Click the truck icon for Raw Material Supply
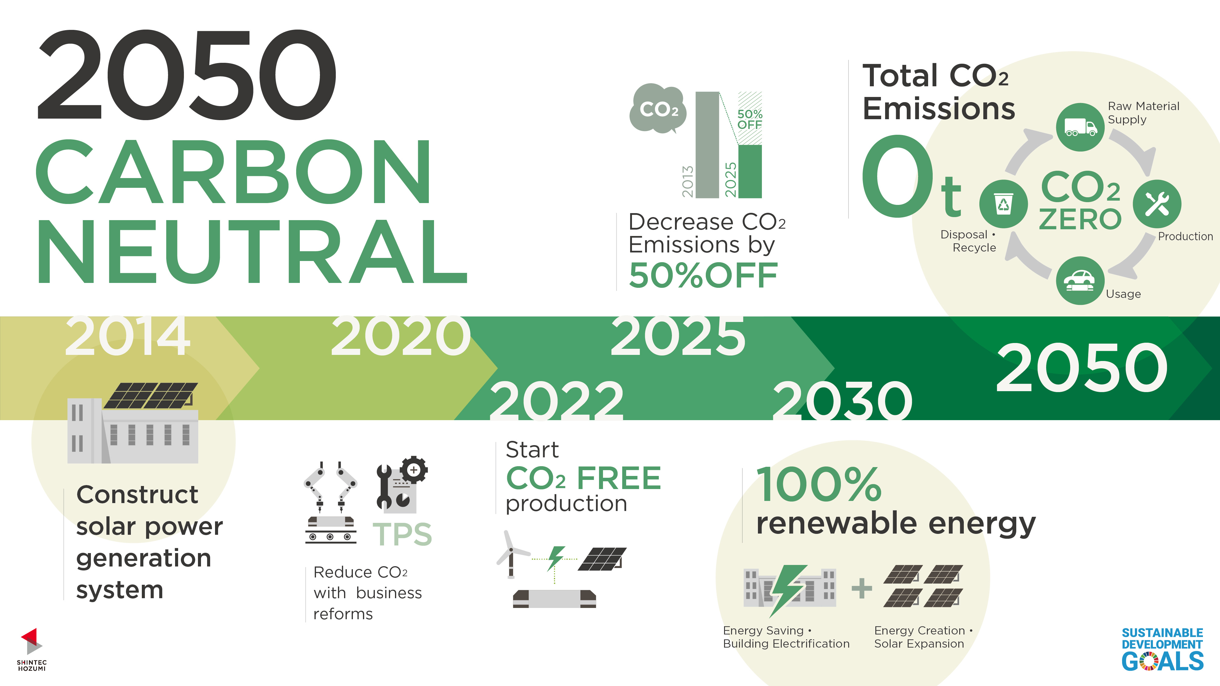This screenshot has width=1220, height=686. click(1080, 127)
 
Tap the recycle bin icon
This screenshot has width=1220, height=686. click(1003, 204)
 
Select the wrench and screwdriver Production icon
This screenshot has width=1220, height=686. click(1157, 204)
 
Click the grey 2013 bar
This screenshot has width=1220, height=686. click(707, 145)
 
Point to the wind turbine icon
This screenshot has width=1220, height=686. click(511, 554)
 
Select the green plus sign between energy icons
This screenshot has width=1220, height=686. click(862, 588)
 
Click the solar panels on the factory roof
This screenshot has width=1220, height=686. click(151, 395)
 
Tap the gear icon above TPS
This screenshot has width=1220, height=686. click(414, 470)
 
